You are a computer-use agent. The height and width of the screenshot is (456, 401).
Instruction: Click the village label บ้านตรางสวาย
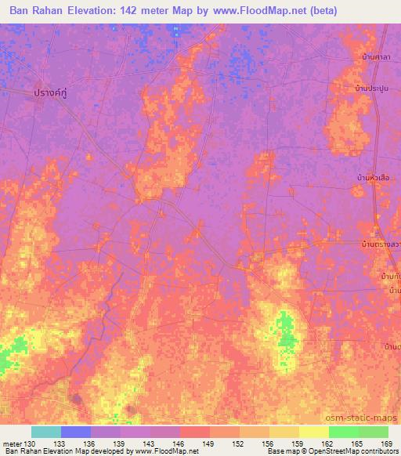[x=381, y=244]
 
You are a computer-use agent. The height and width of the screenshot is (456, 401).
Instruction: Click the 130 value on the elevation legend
[x=28, y=443]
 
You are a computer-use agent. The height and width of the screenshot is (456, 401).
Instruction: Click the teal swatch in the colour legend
[x=46, y=432]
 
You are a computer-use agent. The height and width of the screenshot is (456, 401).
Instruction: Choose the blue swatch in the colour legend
[x=76, y=432]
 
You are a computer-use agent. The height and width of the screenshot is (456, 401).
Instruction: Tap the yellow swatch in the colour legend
[x=314, y=432]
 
